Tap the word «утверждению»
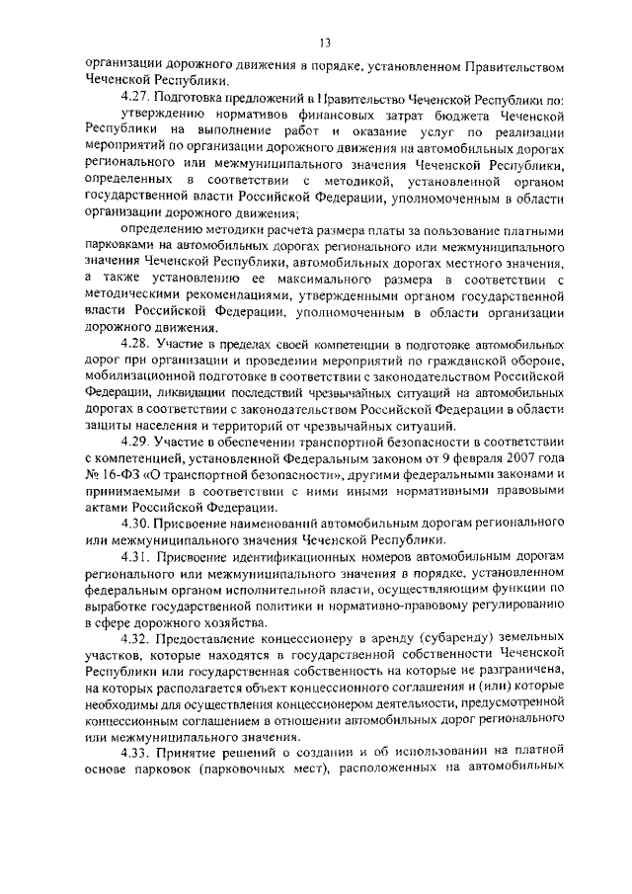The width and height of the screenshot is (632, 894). [x=162, y=116]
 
